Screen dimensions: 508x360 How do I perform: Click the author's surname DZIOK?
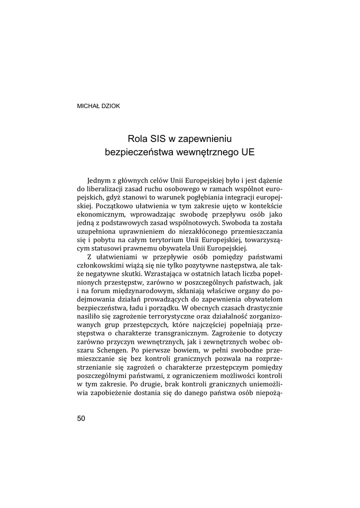110,106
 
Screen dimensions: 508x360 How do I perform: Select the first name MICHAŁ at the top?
88,106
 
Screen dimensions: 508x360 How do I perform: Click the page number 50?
81,418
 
